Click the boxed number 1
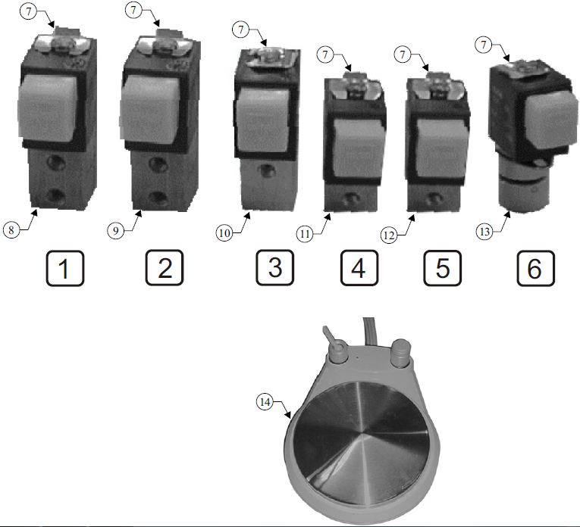click(65, 268)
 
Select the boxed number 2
click(165, 268)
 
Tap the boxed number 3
click(274, 268)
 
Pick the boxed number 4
click(359, 268)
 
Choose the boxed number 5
click(443, 268)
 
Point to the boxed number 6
click(535, 268)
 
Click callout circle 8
click(11, 230)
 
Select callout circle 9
click(116, 231)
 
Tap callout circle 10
click(224, 233)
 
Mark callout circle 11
click(305, 234)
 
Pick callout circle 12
click(389, 235)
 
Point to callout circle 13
click(484, 232)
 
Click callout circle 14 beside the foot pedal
click(265, 401)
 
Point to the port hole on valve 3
click(266, 170)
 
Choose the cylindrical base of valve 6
click(522, 185)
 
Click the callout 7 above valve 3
click(241, 30)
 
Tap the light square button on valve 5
click(440, 148)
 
